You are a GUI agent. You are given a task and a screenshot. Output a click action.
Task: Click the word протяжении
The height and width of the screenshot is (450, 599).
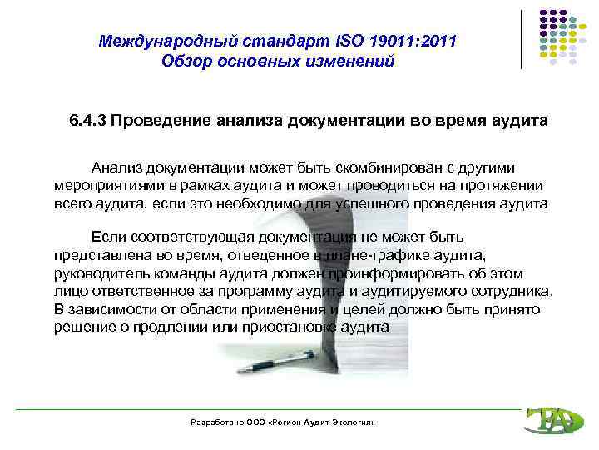506,185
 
